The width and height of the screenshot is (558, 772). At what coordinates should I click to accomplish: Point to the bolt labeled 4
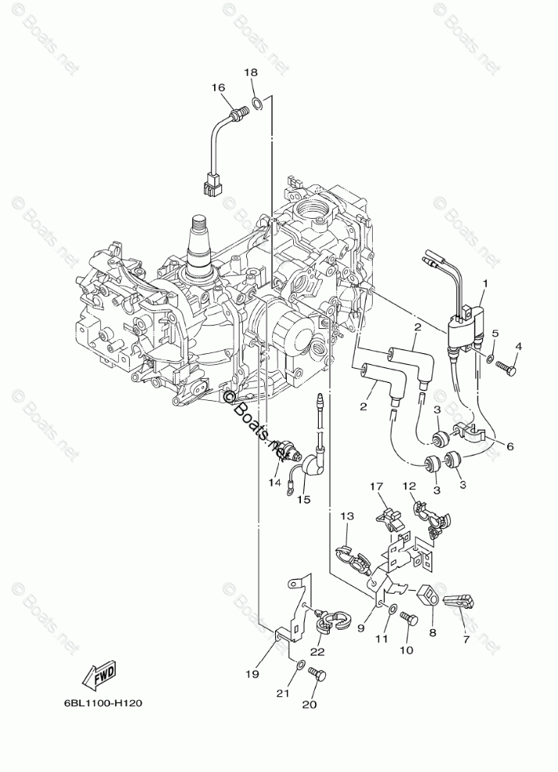(508, 366)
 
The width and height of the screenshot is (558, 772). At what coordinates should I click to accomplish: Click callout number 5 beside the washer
(494, 334)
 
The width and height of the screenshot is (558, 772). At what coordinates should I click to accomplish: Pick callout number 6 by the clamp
(509, 446)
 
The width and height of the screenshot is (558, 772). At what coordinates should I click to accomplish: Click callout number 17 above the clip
(362, 627)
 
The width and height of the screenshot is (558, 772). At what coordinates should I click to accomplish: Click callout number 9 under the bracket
(409, 486)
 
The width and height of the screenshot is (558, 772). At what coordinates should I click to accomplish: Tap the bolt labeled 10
(347, 516)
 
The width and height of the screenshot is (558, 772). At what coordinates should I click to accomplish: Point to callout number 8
(274, 483)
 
